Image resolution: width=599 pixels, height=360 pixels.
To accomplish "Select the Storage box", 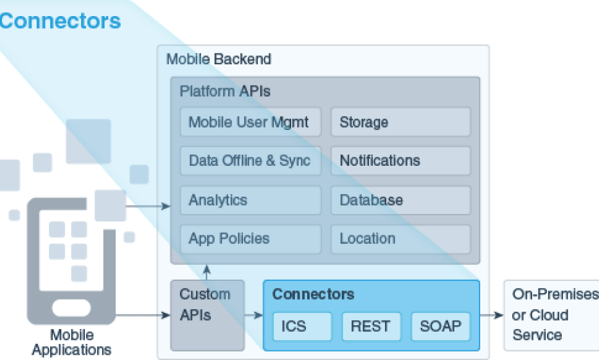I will tap(400, 122).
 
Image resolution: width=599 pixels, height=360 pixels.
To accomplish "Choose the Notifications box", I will tap(400, 161).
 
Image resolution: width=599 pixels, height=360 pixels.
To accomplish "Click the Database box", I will tap(400, 201).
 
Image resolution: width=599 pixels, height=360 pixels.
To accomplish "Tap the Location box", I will tap(400, 239).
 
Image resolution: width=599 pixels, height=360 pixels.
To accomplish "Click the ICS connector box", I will tap(302, 327).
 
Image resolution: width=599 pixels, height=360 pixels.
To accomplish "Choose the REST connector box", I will tap(371, 327).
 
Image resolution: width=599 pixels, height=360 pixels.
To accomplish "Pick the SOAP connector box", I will tap(440, 327).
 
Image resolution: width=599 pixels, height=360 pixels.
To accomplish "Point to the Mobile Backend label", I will tap(219, 59).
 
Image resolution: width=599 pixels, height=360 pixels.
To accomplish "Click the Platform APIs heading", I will tap(225, 91).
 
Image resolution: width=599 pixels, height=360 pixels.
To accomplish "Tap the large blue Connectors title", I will tap(60, 21).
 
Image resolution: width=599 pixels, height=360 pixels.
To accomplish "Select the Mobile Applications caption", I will tap(71, 343).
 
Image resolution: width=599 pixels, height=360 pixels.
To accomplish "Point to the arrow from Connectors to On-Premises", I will tap(492, 315).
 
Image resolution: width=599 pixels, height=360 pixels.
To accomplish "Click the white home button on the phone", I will tap(71, 307).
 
